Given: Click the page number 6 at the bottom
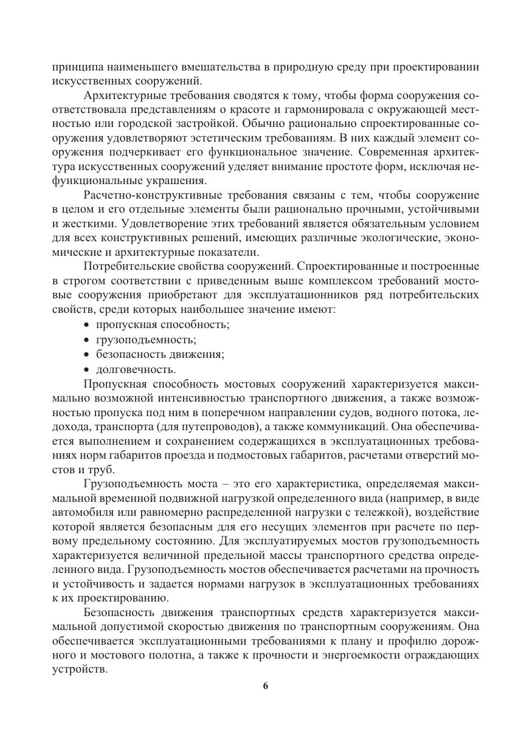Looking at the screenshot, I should point(266,686).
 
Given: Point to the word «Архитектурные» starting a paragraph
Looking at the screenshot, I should point(119,96).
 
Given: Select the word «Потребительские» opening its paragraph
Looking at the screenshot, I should point(126,266).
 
